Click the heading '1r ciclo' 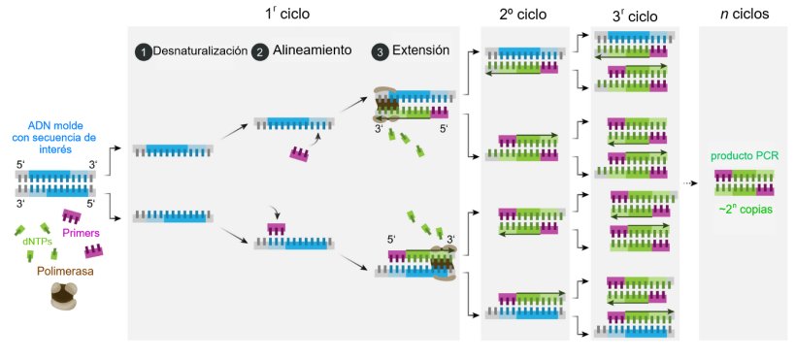(288, 15)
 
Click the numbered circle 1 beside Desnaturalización (143, 51)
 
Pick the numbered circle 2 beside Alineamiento (259, 51)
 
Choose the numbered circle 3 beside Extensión (380, 51)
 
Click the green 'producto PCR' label (744, 155)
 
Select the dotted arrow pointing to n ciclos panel (690, 182)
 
